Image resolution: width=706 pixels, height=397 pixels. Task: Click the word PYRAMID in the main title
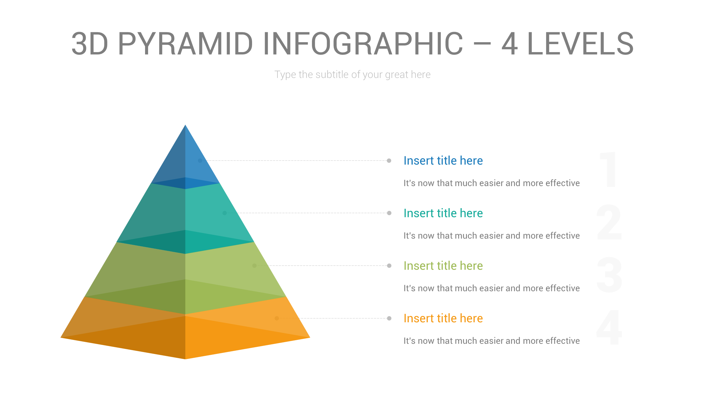click(x=185, y=44)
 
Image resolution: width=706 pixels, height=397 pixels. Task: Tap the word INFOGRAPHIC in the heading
click(x=363, y=44)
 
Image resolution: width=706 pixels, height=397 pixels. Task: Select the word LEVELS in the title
click(x=580, y=44)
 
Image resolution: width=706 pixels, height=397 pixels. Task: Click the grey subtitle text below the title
click(x=352, y=74)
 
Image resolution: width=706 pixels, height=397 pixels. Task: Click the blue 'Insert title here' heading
click(x=443, y=161)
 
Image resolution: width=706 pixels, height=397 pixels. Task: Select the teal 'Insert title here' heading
click(x=443, y=213)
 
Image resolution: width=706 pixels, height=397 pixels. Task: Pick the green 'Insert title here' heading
click(x=443, y=266)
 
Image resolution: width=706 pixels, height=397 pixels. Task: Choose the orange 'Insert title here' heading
click(x=443, y=318)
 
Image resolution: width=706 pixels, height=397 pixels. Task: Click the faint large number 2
click(x=609, y=222)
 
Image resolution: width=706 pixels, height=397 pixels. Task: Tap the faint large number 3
click(x=609, y=275)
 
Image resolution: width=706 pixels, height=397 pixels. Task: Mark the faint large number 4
click(x=609, y=327)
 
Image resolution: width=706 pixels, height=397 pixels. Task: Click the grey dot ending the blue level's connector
click(x=389, y=161)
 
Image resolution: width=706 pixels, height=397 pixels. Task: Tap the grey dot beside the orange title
click(x=389, y=318)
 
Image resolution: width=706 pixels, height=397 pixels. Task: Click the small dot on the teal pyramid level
click(x=224, y=213)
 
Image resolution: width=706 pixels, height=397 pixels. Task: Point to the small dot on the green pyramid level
click(x=255, y=265)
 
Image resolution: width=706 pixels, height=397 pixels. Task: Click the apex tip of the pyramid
click(x=185, y=126)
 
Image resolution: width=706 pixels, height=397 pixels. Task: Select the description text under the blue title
click(x=491, y=183)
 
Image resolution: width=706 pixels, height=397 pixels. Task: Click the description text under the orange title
click(x=491, y=341)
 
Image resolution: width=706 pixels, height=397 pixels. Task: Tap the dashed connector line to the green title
click(x=323, y=266)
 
